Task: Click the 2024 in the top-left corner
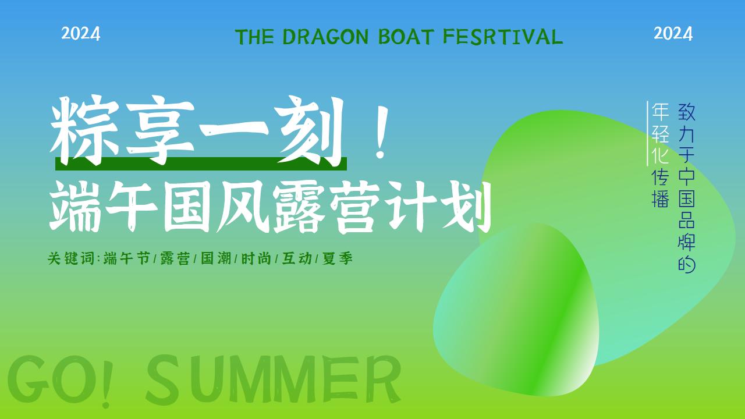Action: [x=80, y=34]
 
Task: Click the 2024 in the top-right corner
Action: [x=673, y=34]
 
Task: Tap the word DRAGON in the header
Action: [x=325, y=37]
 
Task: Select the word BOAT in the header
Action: [x=406, y=37]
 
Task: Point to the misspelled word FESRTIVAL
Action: [x=503, y=37]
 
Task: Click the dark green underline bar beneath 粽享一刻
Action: [x=201, y=164]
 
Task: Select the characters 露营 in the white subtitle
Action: [x=327, y=207]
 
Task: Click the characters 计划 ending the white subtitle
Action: [x=439, y=207]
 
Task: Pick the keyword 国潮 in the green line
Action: [x=216, y=258]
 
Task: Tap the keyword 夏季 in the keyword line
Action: [x=338, y=258]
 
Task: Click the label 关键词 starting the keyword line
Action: [x=71, y=258]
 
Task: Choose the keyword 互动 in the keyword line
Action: [x=297, y=258]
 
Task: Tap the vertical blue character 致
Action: [x=687, y=112]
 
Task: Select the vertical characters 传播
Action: [x=660, y=189]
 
